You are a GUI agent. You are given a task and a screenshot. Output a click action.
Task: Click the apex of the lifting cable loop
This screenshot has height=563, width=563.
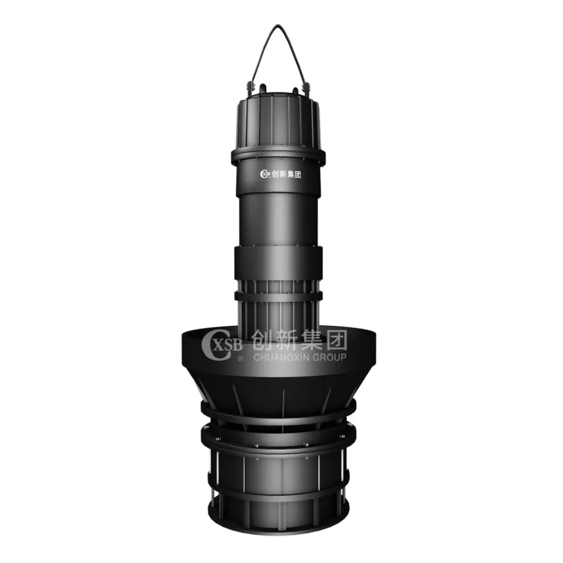(277, 26)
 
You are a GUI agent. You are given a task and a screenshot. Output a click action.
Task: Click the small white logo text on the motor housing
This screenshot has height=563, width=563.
(280, 174)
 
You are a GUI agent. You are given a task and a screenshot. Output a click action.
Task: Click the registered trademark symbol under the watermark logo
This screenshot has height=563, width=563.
(240, 358)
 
